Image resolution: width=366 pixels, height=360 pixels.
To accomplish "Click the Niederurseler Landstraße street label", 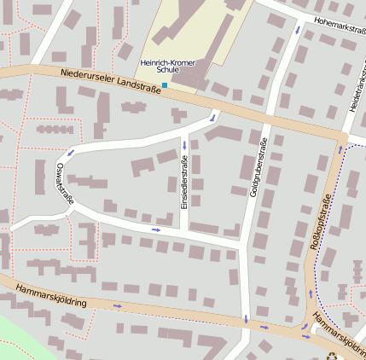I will coord(114,82).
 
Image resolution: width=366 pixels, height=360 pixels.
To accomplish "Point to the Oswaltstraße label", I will coord(63,182).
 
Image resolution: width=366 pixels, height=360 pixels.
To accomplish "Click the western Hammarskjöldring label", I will coord(50,303).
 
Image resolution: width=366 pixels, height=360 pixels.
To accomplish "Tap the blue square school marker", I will coord(165,85).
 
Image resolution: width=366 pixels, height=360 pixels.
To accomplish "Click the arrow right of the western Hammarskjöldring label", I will coord(117,305).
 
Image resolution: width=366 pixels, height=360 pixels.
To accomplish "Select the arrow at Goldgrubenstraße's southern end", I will coord(246,319).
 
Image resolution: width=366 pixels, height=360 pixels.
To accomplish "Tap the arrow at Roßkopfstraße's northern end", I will coord(340,149).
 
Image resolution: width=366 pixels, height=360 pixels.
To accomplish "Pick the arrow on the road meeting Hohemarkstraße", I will coord(298,30).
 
